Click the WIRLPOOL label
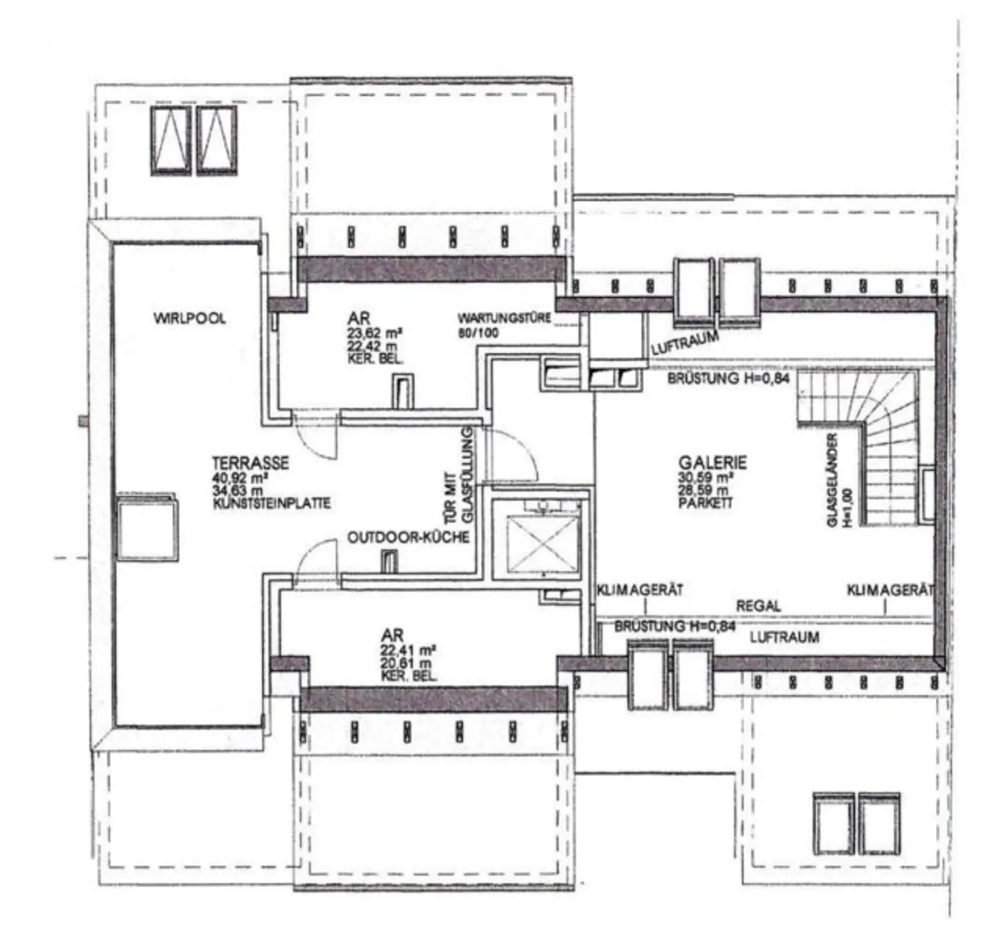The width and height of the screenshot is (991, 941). pos(190,318)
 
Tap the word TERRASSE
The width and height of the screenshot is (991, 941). pos(250,463)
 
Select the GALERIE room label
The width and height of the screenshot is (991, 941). pos(712,463)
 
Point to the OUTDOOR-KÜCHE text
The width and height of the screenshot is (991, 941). pos(408,538)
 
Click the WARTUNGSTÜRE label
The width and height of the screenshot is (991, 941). pos(504,318)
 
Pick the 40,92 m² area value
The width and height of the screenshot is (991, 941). pos(240,478)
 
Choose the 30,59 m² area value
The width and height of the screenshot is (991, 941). pos(705,478)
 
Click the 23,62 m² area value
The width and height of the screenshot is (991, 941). pos(375,334)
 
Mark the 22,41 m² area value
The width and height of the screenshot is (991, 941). pos(407,650)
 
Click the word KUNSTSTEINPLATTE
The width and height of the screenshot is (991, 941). pos(272,503)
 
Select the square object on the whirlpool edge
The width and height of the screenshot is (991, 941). pos(146,525)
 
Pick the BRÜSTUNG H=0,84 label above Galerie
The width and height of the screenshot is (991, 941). pos(728,379)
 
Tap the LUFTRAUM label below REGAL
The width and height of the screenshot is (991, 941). pos(785,637)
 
